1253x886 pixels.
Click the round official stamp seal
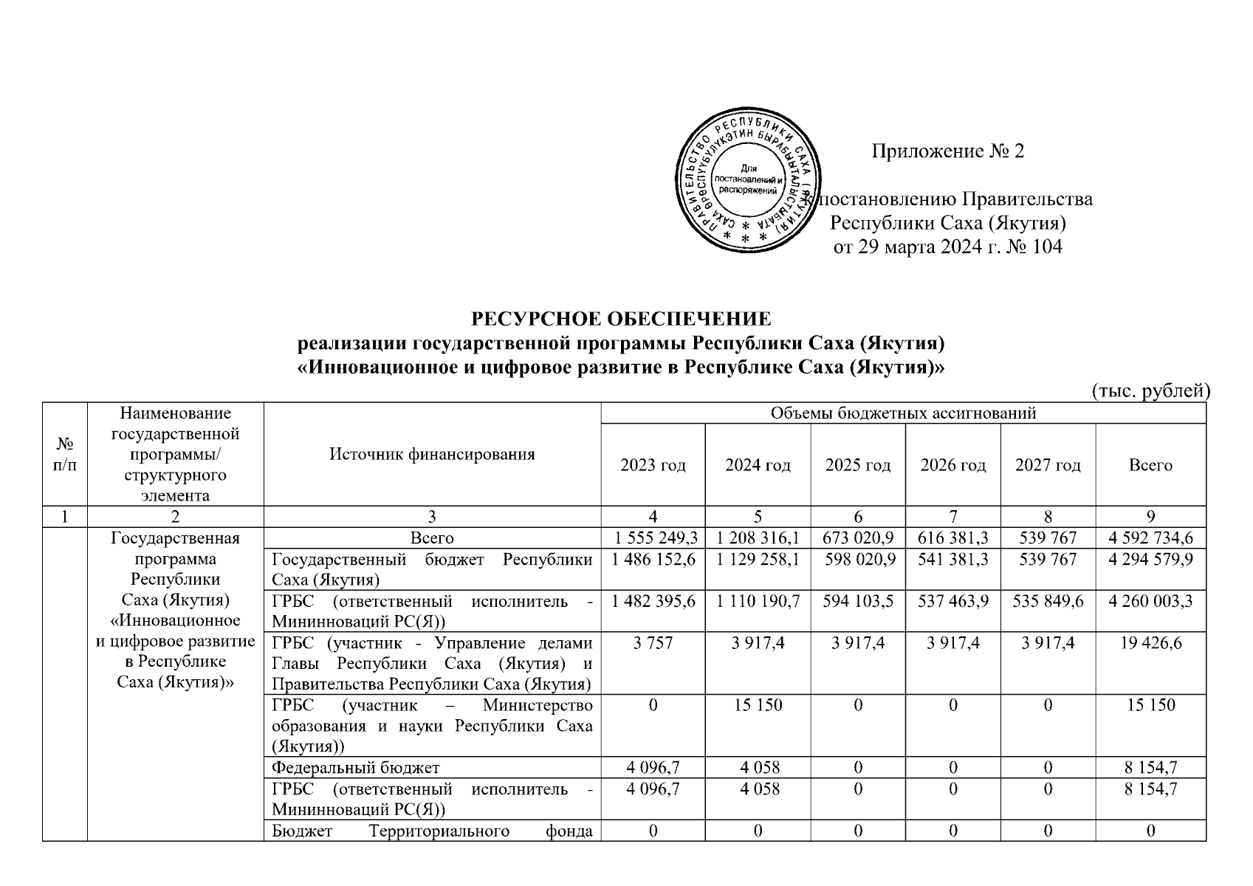click(x=748, y=185)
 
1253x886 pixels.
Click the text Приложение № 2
click(x=948, y=151)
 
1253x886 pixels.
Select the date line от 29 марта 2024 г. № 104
click(x=948, y=247)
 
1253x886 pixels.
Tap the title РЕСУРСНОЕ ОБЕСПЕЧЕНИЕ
click(x=621, y=319)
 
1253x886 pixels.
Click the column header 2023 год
click(x=653, y=465)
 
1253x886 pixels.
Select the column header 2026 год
click(x=952, y=465)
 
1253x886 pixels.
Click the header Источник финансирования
click(x=432, y=454)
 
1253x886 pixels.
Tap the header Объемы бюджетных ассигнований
click(x=903, y=413)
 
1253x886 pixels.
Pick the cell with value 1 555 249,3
click(x=653, y=538)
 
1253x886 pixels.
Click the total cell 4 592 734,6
click(x=1150, y=538)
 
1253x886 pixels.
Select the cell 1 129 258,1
click(x=758, y=560)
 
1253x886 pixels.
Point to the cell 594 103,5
click(x=858, y=601)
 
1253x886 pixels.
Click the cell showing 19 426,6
click(x=1150, y=643)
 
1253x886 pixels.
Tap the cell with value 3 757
click(x=653, y=643)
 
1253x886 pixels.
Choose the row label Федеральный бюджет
click(x=356, y=768)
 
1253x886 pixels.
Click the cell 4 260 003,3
click(x=1150, y=601)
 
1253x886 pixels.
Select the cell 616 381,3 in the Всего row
click(x=952, y=538)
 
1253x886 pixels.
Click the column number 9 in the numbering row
click(x=1150, y=517)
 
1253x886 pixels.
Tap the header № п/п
click(x=65, y=454)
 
